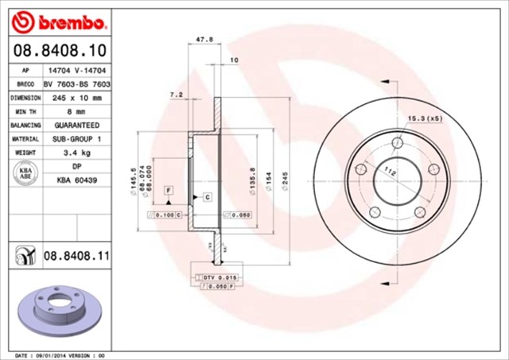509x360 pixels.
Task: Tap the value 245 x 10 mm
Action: pyautogui.click(x=76, y=98)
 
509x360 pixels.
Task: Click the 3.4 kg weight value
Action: pyautogui.click(x=76, y=153)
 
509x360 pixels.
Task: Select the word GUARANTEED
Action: pyautogui.click(x=76, y=126)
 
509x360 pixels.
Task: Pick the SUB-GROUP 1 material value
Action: pyautogui.click(x=76, y=139)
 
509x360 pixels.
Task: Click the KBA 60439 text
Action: pyautogui.click(x=76, y=180)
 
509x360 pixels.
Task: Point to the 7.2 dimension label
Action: pyautogui.click(x=177, y=95)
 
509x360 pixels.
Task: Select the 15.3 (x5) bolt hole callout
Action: pyautogui.click(x=424, y=118)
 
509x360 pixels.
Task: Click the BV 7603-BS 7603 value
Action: pyautogui.click(x=76, y=83)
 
